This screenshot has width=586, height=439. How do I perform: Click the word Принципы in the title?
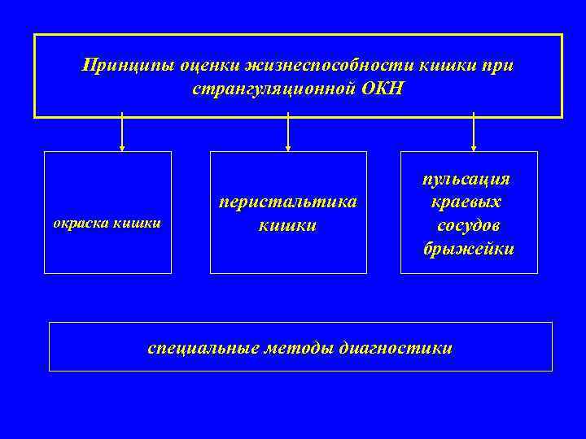[x=117, y=63]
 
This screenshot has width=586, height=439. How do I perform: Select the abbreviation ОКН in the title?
[x=380, y=86]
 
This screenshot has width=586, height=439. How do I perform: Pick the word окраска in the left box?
[x=81, y=221]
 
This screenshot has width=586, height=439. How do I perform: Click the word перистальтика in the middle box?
[x=287, y=201]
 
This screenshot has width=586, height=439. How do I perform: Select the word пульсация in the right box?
[x=468, y=179]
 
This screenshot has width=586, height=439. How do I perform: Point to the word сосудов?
[x=469, y=225]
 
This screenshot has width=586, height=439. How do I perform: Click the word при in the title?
[x=497, y=63]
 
